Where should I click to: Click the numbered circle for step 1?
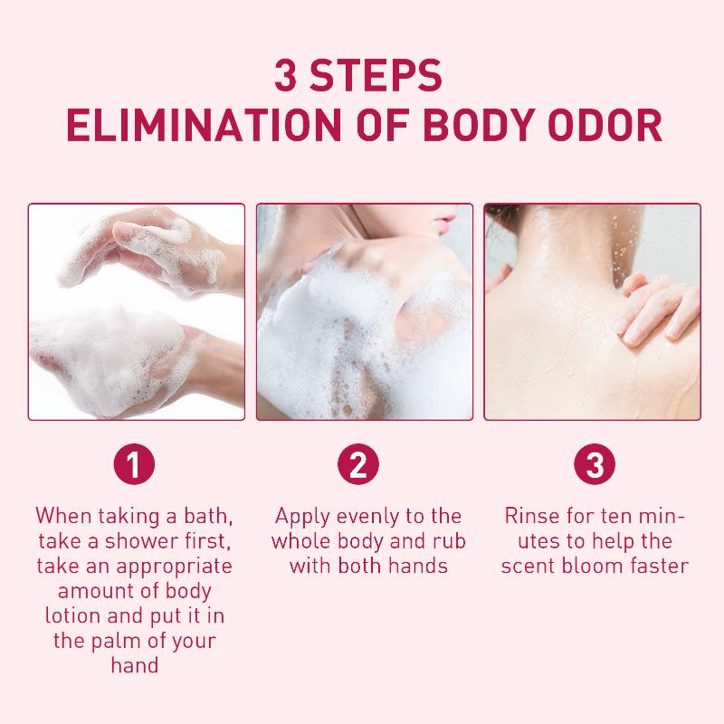click(x=134, y=464)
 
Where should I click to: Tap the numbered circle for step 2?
click(x=358, y=464)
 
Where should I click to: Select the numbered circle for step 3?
click(x=595, y=464)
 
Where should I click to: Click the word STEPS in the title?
click(x=376, y=75)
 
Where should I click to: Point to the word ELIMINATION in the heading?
click(x=205, y=125)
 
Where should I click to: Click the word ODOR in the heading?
click(x=605, y=125)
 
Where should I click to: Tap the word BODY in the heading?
click(x=480, y=125)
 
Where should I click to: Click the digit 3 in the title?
click(x=285, y=75)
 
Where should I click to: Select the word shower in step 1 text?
click(x=140, y=541)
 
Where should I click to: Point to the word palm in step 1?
click(x=114, y=642)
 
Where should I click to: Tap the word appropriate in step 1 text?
click(x=174, y=567)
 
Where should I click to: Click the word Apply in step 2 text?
click(x=302, y=517)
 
